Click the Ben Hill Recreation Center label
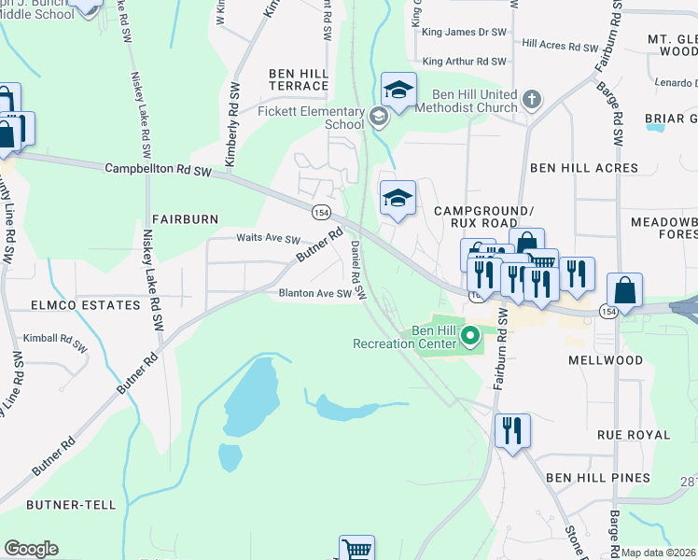click(405, 337)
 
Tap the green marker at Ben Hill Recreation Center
click(471, 334)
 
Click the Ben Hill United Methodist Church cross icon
click(531, 99)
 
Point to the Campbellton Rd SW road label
click(166, 169)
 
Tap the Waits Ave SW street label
click(268, 240)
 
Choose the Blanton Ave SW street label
click(315, 293)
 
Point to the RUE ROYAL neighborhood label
click(635, 435)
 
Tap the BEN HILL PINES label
click(598, 478)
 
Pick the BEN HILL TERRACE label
click(299, 79)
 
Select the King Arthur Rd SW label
click(464, 62)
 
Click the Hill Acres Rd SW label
click(560, 44)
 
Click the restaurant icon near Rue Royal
click(512, 431)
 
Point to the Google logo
click(31, 549)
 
